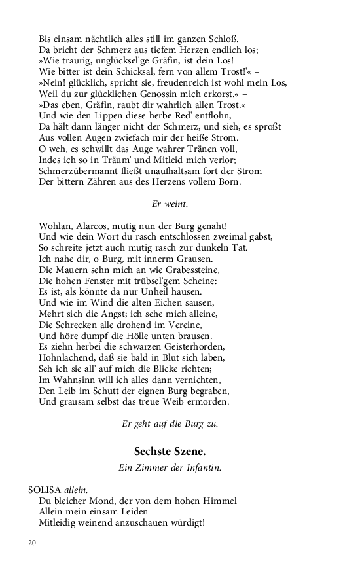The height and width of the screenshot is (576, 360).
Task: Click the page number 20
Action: coord(32,543)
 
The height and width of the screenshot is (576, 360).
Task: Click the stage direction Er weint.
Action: coord(170,204)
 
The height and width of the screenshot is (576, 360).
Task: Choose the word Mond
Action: coord(96,501)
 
